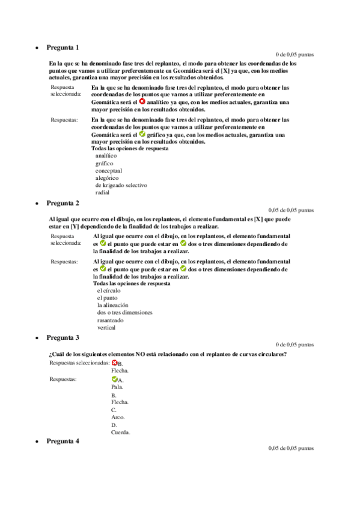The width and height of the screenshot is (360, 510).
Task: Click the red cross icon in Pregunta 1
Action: point(142,102)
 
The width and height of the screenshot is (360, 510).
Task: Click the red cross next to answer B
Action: point(114,363)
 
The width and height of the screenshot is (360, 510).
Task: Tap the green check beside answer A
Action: point(114,379)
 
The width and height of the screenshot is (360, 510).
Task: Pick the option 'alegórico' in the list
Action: point(107,178)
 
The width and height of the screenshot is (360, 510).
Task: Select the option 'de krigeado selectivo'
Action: point(121,185)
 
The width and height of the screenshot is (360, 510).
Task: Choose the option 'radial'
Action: point(102,192)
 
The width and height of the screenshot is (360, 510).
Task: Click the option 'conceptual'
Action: point(109,170)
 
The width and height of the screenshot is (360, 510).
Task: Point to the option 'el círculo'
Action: point(108,290)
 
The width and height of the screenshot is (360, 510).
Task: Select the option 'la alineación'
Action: point(113,305)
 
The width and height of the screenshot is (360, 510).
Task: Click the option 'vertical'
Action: point(106,328)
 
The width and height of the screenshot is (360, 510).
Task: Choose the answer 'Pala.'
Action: point(117,387)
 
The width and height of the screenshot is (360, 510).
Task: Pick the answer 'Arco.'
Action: point(117,417)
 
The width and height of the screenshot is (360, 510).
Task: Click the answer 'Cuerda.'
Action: point(120,432)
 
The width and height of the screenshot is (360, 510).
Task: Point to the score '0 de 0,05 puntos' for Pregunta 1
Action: point(294,55)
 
